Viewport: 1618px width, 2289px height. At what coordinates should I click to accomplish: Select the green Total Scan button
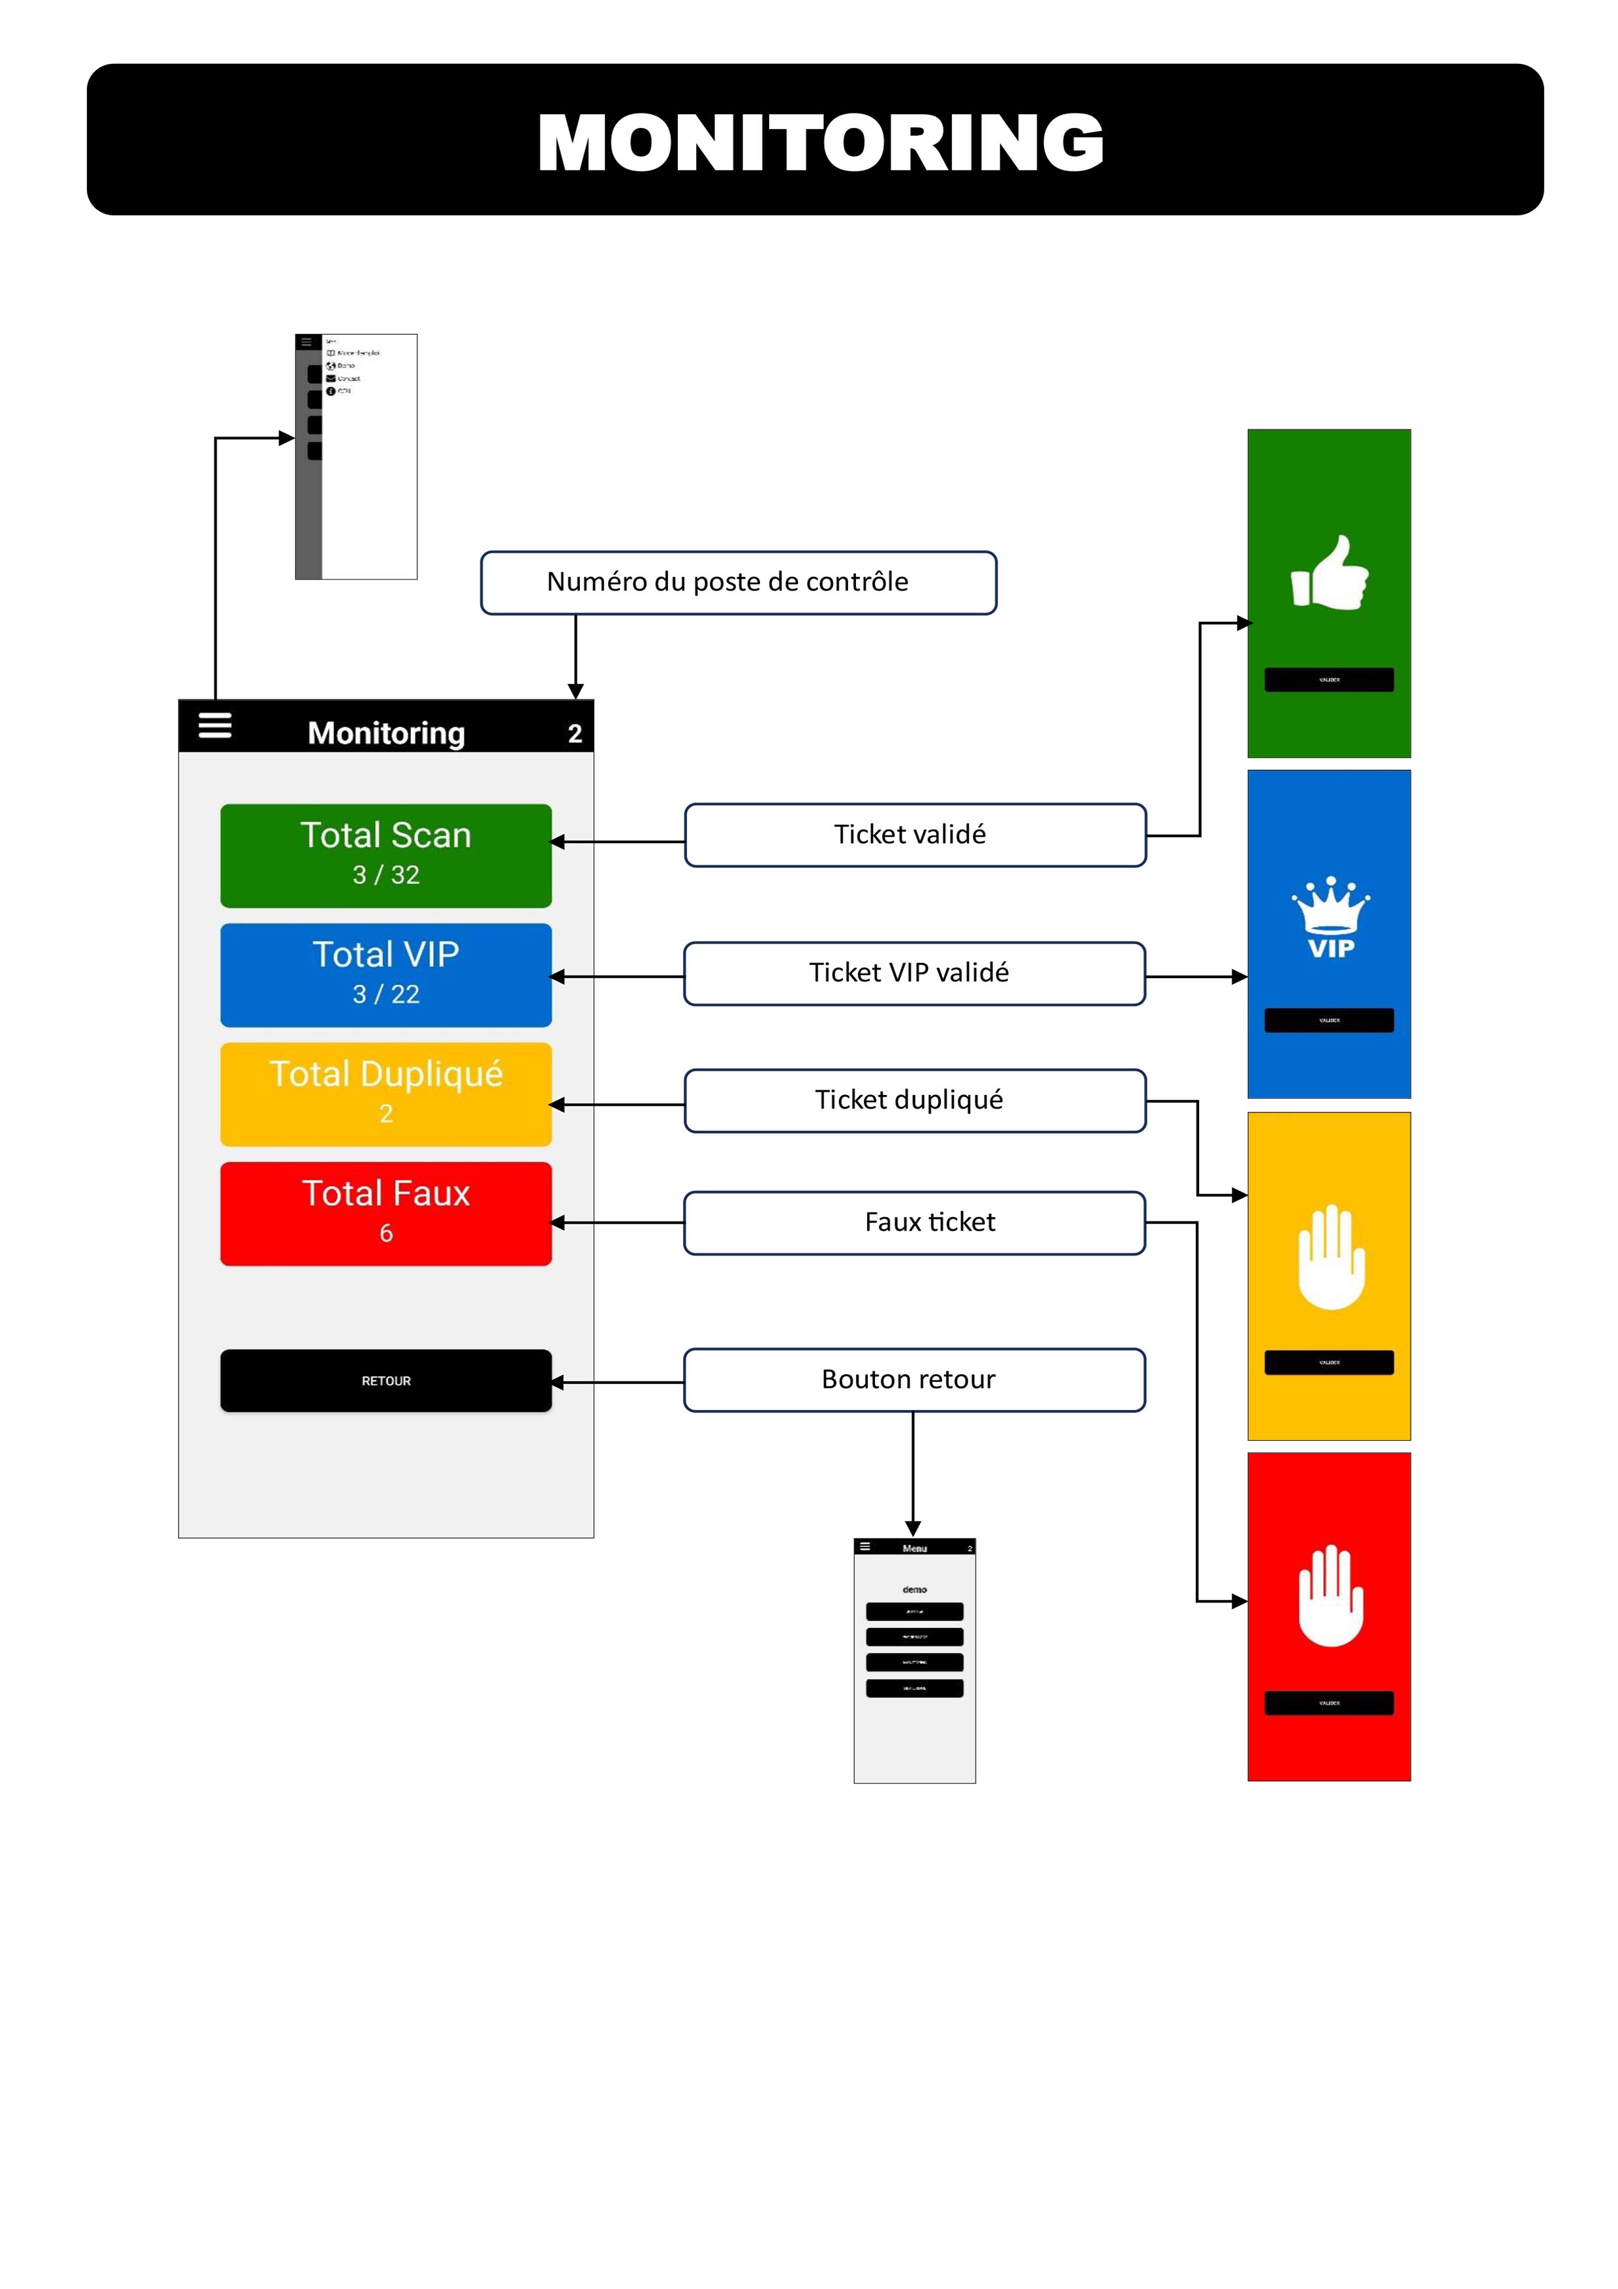tap(386, 855)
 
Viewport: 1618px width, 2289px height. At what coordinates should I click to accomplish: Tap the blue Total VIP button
tap(386, 975)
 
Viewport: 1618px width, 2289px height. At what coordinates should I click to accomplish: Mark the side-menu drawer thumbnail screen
tap(356, 457)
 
